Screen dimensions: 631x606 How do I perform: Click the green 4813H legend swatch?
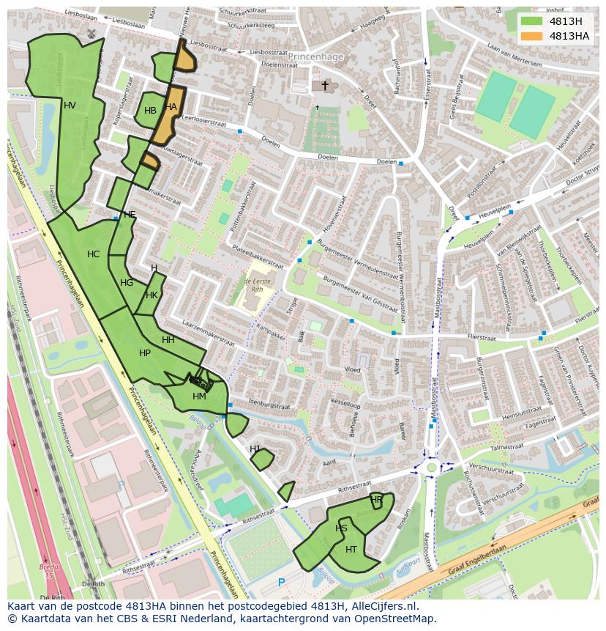click(531, 21)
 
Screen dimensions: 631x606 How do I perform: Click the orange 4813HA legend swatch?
click(531, 36)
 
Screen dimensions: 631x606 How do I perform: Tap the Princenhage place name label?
click(315, 56)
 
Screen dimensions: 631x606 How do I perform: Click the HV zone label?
click(70, 106)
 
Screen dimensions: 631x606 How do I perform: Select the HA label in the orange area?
click(171, 107)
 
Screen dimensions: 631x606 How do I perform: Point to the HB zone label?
click(150, 111)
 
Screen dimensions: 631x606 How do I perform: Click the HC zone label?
click(93, 254)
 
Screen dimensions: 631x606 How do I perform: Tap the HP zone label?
click(144, 353)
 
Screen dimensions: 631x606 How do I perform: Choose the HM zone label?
click(199, 396)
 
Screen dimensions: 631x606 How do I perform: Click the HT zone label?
click(351, 550)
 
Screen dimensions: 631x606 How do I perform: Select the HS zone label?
click(341, 528)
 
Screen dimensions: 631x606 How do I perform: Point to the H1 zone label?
click(255, 449)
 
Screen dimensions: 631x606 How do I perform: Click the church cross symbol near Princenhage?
click(325, 86)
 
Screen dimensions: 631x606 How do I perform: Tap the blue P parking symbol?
click(282, 583)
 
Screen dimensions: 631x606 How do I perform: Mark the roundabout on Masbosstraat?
click(431, 466)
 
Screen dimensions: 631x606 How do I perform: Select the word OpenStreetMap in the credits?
click(394, 619)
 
